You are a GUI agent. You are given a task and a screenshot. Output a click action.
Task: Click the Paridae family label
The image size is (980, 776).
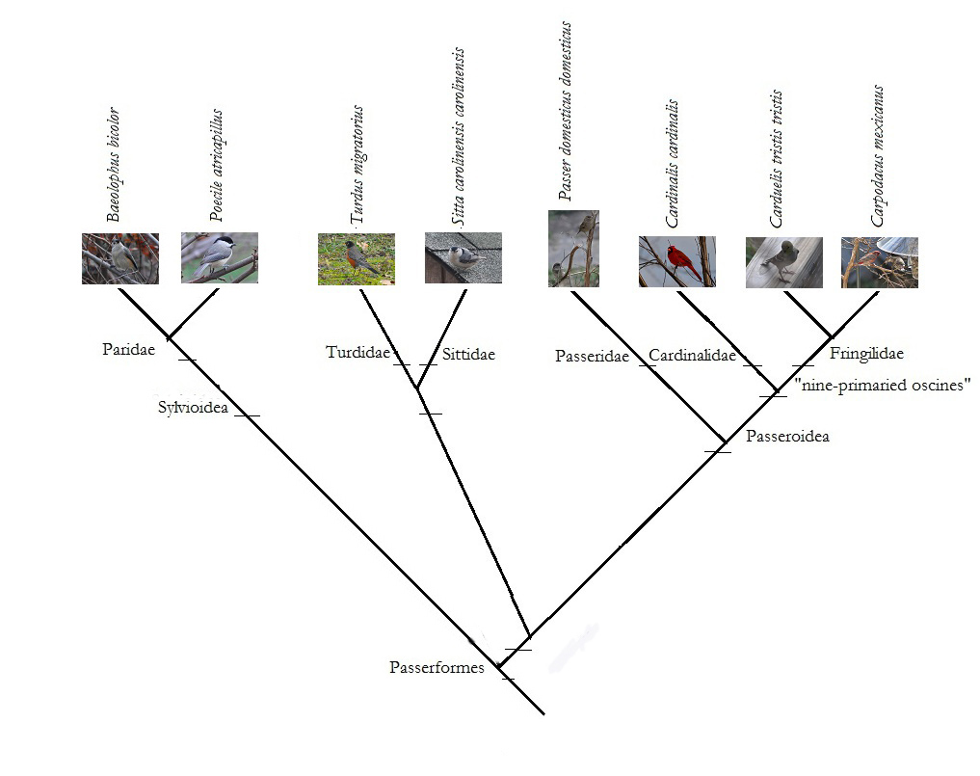coord(128,349)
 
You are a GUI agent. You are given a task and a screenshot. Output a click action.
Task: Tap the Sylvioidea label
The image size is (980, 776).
coord(193,408)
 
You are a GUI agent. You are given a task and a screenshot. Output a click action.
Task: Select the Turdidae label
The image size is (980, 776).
coord(358,353)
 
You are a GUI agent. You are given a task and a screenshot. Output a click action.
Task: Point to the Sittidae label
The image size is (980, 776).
coord(468,355)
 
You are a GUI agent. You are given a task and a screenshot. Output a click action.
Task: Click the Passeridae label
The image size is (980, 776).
coord(592,357)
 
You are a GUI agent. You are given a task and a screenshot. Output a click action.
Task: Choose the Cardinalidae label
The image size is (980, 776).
coord(692,356)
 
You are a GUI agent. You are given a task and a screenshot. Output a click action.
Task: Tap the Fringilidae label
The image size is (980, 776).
coord(866,354)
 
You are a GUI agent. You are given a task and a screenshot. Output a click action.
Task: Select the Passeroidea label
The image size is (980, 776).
coord(787,437)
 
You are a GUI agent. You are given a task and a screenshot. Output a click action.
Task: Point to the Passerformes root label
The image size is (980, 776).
coord(437,667)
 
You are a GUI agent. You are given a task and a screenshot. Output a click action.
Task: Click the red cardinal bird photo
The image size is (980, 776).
coord(676,261)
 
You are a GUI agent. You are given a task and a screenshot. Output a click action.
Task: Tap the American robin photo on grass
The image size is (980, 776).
coord(356,258)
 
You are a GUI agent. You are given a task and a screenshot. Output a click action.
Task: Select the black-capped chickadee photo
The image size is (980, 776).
coord(220,257)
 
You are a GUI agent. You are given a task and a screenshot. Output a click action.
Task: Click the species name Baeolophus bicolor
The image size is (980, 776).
coord(115,165)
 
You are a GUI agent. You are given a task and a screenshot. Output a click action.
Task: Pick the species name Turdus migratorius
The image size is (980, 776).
coord(358,165)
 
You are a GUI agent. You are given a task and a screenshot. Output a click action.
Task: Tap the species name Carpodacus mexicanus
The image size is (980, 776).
coord(878,156)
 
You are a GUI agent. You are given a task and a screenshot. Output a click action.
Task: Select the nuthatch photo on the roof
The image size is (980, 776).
coord(463,257)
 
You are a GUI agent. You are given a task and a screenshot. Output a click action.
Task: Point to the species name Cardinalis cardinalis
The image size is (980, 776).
coord(672,163)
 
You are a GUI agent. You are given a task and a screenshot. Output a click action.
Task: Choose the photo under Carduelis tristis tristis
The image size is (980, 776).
coord(783,262)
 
